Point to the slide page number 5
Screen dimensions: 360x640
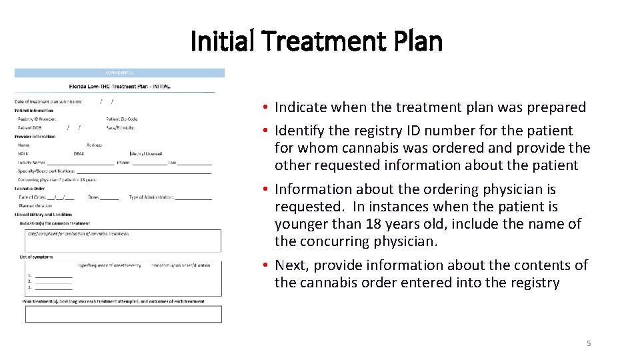point(589,343)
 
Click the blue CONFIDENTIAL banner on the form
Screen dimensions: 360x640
point(120,73)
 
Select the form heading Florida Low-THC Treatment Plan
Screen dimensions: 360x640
point(120,86)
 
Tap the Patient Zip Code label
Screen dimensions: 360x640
point(122,119)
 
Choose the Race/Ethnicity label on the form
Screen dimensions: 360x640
point(121,127)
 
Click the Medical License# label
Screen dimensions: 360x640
point(147,153)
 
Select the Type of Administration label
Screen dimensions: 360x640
point(151,197)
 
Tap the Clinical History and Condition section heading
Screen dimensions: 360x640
point(43,215)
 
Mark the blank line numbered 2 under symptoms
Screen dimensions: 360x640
point(53,281)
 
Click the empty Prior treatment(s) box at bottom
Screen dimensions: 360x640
point(123,314)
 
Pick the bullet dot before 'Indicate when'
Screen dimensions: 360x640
point(265,107)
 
